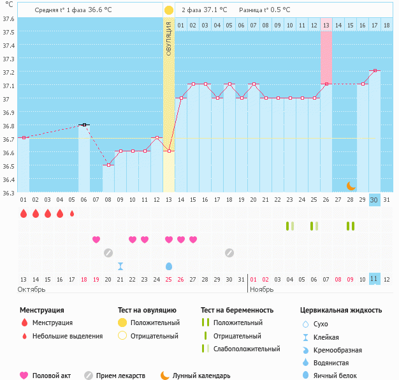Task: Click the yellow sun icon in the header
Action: coord(168,10)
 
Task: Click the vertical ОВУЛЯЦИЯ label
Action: coord(168,39)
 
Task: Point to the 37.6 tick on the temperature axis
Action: coord(8,19)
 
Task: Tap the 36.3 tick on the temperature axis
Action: coord(8,192)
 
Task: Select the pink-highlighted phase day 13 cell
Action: coord(326,26)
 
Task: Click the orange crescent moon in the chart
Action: coord(351,185)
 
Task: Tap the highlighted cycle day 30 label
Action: coord(374,200)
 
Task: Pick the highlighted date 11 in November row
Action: coord(374,279)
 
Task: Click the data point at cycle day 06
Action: coord(84,125)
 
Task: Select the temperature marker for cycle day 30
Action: coord(375,70)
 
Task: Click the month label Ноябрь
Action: coord(261,289)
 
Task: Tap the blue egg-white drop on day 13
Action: coord(169,266)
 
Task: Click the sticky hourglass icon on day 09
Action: coord(120,266)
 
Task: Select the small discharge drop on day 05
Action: coord(72,213)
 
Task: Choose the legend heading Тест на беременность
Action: coord(237,310)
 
